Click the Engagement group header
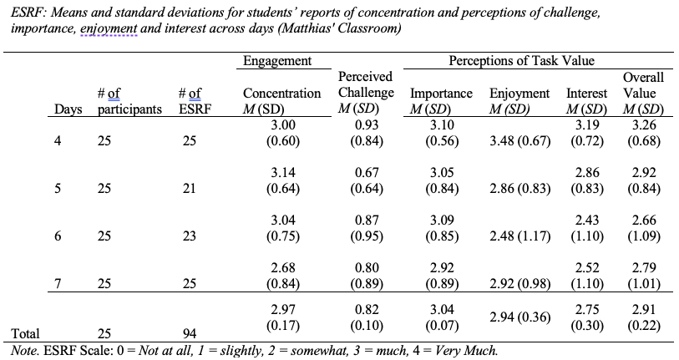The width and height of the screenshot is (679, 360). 277,61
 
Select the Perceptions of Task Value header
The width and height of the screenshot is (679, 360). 521,61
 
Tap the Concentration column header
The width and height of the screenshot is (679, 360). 282,101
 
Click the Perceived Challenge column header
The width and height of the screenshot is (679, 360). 366,92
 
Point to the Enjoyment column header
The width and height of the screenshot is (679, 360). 519,101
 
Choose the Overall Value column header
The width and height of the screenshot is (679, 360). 643,93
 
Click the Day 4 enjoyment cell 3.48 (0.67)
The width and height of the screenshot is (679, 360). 519,141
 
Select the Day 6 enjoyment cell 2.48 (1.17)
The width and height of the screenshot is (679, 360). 519,236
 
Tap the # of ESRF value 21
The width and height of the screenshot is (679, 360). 190,189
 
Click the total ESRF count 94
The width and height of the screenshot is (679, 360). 190,333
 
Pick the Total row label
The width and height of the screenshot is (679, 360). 25,333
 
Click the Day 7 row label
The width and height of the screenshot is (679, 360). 58,284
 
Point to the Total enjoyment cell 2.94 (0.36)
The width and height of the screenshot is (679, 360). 519,317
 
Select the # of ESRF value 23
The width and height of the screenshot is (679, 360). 190,236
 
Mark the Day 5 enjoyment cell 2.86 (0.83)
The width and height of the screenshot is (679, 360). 519,189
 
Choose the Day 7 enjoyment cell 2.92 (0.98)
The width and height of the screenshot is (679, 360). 519,284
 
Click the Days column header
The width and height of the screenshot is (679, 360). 68,109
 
